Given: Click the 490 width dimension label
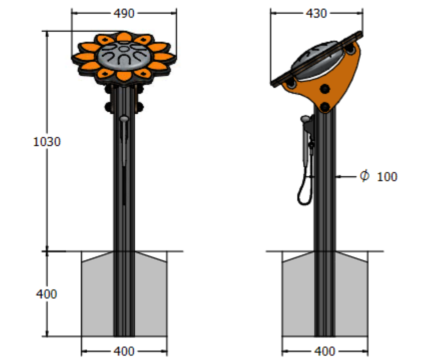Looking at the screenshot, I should point(124,13).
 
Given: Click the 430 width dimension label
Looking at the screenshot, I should point(316,13).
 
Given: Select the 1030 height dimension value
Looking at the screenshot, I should point(47,142).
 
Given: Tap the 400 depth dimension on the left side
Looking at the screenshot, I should point(46,294).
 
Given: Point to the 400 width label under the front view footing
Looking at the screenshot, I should point(124,351).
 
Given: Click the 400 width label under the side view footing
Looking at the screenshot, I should point(324,351).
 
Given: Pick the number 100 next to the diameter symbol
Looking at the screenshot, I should point(387,177).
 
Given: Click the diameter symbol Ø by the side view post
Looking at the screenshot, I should point(365,176).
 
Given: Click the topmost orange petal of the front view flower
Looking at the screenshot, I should point(124,37).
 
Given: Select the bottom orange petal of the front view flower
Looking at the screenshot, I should point(124,76).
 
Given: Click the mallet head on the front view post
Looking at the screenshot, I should point(124,118).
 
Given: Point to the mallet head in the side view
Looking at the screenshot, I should point(305,118).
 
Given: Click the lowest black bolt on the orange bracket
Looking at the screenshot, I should point(324,106).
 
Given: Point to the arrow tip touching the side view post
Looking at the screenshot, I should point(337,177).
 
